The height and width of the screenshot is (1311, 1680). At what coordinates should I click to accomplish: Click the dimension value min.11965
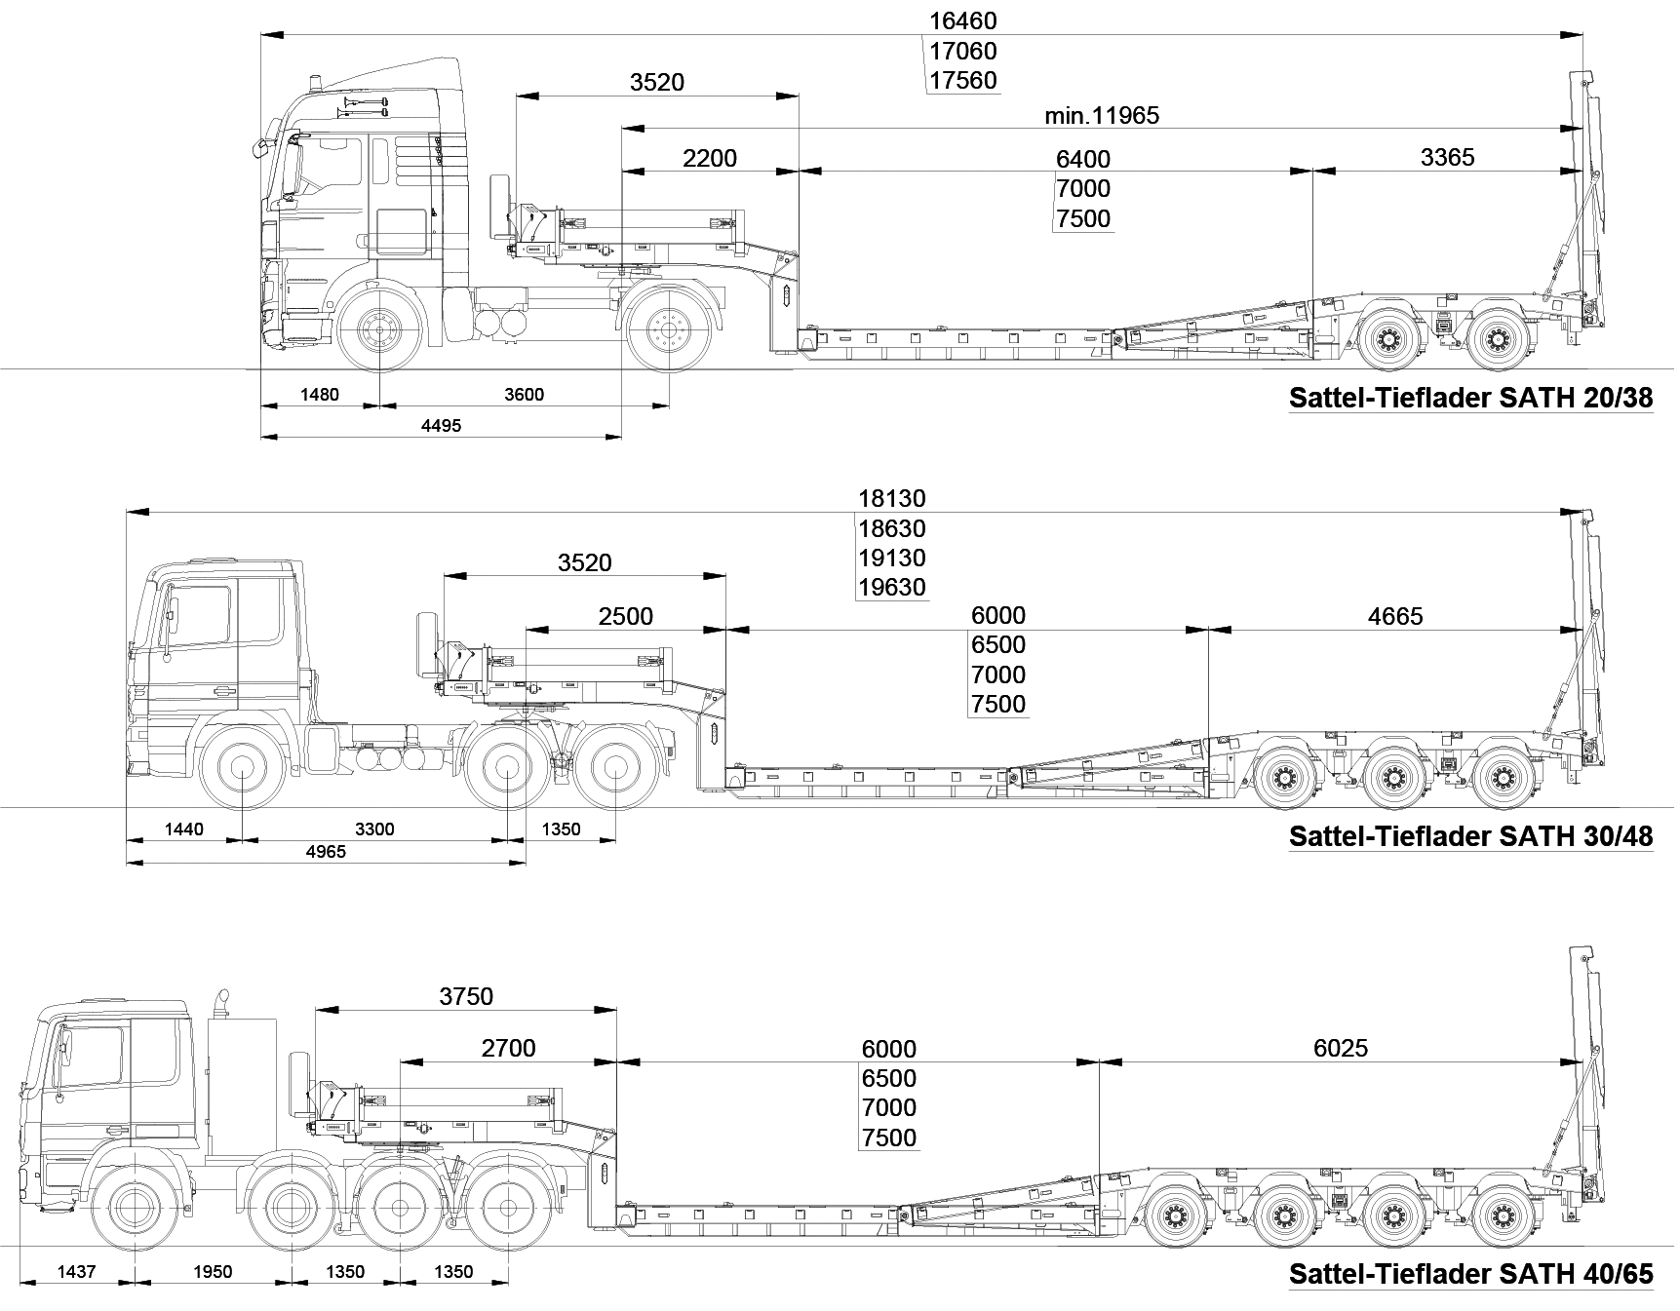tap(1102, 115)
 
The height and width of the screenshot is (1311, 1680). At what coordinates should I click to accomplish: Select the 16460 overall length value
tap(963, 20)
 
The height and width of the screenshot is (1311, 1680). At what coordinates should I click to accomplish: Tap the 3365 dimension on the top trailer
tap(1447, 157)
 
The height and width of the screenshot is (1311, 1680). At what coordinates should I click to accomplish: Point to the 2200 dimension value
tap(710, 158)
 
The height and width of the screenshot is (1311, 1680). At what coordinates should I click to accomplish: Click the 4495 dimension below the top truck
tap(441, 425)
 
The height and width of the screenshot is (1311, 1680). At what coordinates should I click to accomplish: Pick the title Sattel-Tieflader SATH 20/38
tap(1471, 398)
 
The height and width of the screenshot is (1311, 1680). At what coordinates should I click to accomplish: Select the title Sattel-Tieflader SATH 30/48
tap(1471, 836)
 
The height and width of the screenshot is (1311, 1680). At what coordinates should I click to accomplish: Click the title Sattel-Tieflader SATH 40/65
tap(1471, 1274)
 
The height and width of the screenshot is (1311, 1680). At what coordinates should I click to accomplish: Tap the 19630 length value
tap(892, 588)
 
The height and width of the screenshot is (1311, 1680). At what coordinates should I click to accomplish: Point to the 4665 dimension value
tap(1395, 616)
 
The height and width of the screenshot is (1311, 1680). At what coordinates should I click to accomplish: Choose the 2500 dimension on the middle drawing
tap(626, 616)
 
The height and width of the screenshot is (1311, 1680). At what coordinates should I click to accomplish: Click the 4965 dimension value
tap(326, 851)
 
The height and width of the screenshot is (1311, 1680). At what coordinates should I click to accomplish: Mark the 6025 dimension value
tap(1341, 1048)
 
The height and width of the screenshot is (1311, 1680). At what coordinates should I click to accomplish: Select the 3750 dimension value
tap(466, 996)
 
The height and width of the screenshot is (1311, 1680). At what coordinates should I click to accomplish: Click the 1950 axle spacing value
tap(213, 1271)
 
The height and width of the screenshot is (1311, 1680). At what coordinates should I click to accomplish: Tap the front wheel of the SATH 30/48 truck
tap(241, 769)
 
